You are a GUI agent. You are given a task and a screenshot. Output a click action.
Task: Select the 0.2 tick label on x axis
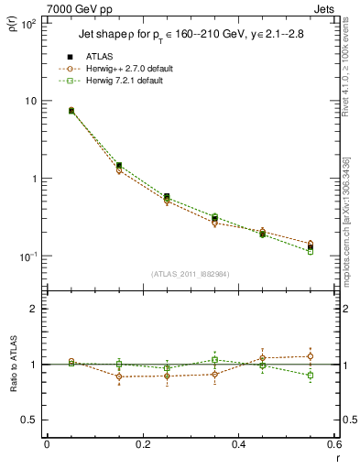tap(142, 444)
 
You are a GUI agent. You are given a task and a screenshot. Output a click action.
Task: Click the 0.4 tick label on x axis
tap(237, 444)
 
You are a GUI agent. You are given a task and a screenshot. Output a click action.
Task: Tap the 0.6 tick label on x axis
tap(333, 444)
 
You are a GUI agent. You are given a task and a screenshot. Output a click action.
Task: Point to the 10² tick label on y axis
tap(28, 23)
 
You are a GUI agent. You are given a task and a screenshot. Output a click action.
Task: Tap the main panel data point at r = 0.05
tap(71, 111)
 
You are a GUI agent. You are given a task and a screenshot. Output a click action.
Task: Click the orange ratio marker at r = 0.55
tap(310, 356)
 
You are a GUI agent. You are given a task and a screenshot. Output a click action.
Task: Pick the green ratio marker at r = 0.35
tap(214, 360)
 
